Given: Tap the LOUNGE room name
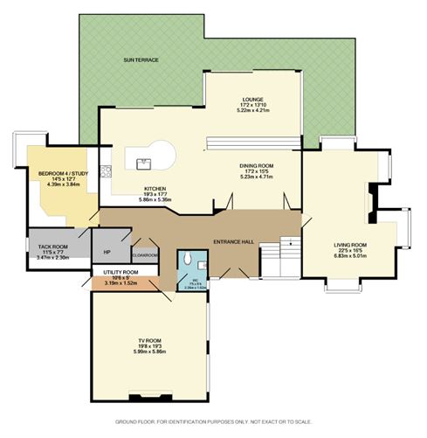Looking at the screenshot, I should tap(253, 100).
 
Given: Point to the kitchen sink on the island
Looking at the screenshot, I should tap(144, 161).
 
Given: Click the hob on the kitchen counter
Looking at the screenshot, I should tap(104, 172).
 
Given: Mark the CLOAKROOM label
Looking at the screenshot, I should tap(144, 254).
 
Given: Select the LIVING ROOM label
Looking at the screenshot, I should tap(349, 245).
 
